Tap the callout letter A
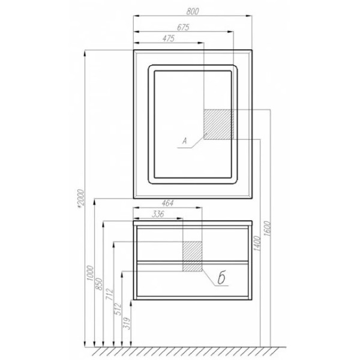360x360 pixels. [186, 142]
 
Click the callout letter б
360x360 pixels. [221, 278]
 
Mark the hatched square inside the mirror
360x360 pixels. [218, 124]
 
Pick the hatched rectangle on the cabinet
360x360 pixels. [193, 256]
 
